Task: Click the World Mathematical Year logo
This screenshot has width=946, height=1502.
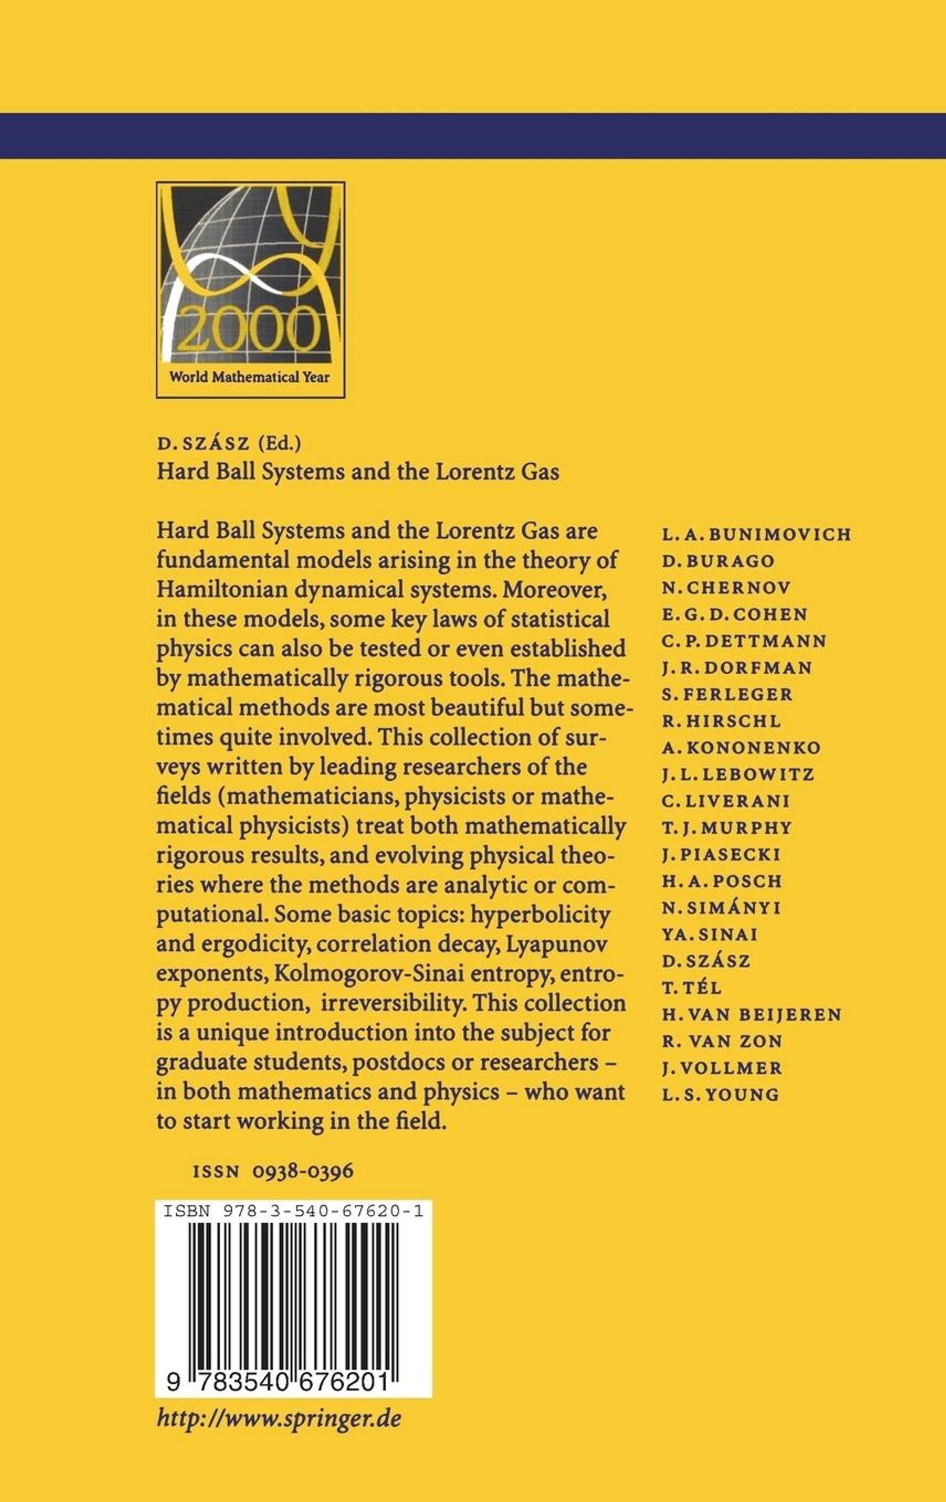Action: point(250,290)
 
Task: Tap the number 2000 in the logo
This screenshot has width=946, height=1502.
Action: point(250,328)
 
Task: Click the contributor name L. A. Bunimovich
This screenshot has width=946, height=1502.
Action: point(756,535)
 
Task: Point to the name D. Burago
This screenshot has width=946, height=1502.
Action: point(718,561)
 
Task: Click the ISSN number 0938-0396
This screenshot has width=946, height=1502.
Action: point(303,1171)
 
